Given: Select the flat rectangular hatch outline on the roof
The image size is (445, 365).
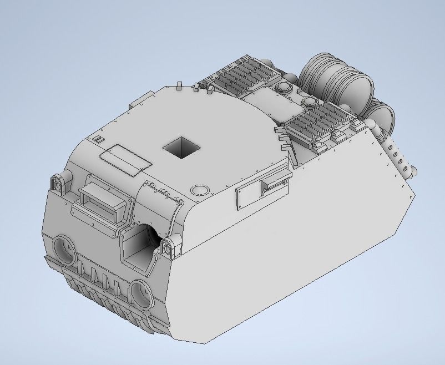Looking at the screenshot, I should (x=125, y=160).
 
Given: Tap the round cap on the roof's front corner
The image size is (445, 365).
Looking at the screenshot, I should (x=198, y=190).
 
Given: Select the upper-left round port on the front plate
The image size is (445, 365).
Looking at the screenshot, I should (x=65, y=249).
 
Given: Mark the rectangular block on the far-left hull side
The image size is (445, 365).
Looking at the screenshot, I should (x=136, y=104).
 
